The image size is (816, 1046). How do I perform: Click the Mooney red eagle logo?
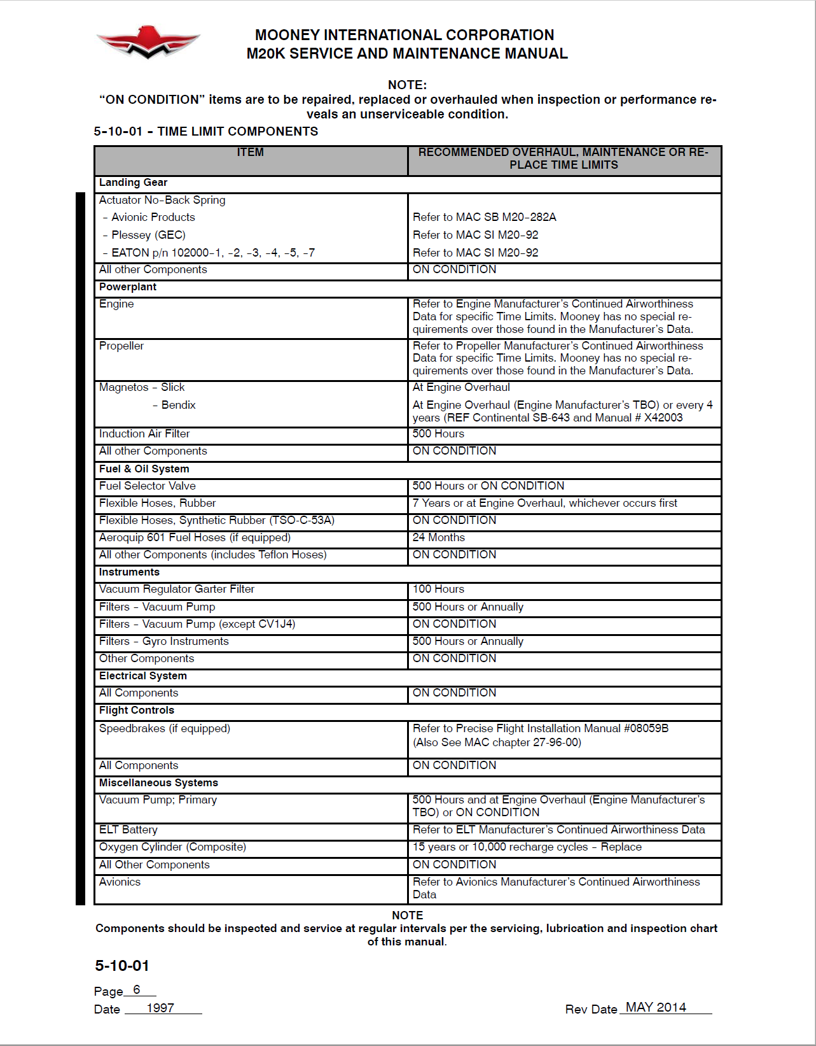tap(148, 42)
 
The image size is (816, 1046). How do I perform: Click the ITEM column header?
tap(250, 152)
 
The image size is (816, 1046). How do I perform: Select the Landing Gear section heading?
tap(133, 183)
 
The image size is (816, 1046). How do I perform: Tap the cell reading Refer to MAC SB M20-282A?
tap(484, 217)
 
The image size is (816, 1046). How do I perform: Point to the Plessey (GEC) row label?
tap(148, 235)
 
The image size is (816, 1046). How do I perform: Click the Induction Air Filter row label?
tap(144, 434)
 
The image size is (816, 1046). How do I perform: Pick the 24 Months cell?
tap(438, 537)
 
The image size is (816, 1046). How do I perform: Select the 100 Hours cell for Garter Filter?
tap(438, 589)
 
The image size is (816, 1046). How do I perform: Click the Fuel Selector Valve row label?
tap(147, 486)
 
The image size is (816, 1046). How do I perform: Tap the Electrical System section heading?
tap(142, 675)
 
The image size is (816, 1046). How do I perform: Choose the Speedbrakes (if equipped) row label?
tap(164, 728)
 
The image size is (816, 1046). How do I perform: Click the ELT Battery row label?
tap(128, 830)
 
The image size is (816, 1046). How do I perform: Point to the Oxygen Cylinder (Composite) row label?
tap(172, 847)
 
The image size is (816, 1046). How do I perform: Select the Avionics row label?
tap(120, 882)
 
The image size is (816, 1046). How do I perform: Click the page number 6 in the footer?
tap(137, 990)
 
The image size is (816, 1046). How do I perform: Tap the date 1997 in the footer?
tap(160, 1008)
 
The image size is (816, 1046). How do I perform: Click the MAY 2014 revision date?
tap(656, 1007)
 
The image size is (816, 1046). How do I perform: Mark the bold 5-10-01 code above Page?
tap(122, 966)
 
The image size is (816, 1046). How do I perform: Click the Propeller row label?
tap(121, 346)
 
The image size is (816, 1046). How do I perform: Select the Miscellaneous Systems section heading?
tap(158, 782)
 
